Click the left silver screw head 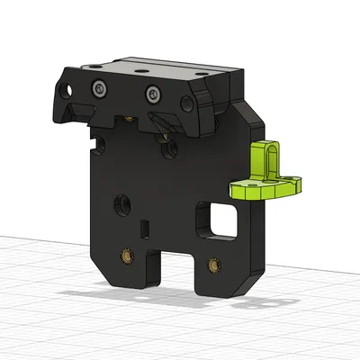pos(98,87)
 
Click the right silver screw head pos(153,92)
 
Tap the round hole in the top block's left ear pos(65,91)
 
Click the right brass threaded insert pos(213,265)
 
